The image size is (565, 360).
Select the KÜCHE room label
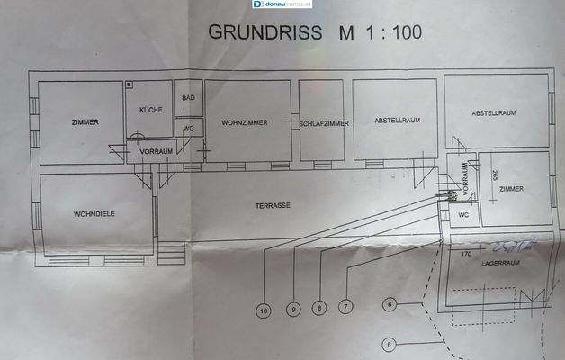point(149,109)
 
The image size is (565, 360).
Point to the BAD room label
point(188,97)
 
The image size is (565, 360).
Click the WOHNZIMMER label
point(244,122)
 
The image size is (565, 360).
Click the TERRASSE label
point(272,205)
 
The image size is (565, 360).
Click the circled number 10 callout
point(264,310)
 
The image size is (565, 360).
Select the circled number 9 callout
point(292,310)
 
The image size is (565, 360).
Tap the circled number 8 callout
point(318,309)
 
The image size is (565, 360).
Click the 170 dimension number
point(466,255)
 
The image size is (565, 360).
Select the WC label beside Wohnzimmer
point(188,129)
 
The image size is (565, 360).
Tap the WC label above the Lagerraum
point(462,216)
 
